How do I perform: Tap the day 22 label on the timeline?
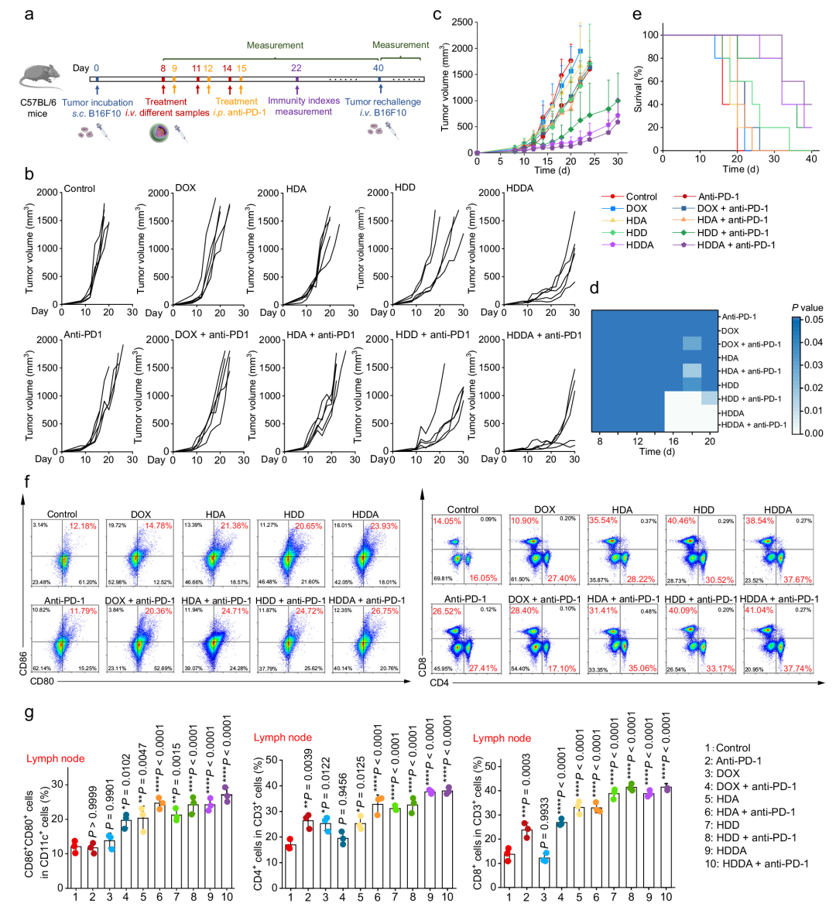tap(296, 68)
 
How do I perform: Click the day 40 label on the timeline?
tap(378, 68)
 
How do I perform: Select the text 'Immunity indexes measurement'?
tap(303, 106)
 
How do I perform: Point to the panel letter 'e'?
tap(637, 14)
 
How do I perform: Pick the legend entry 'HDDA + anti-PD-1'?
tap(735, 245)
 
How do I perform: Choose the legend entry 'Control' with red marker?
tap(641, 197)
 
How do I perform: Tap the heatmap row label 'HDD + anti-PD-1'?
tap(750, 399)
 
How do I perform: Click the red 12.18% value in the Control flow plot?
tap(81, 526)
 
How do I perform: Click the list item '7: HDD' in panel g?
tap(721, 825)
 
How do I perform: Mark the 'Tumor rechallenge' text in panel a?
tap(382, 101)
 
